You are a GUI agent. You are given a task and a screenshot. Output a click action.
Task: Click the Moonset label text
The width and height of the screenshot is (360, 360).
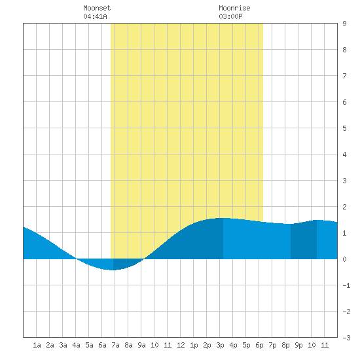(x=97, y=8)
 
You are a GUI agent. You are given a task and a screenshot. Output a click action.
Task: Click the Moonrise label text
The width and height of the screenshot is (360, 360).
(x=234, y=8)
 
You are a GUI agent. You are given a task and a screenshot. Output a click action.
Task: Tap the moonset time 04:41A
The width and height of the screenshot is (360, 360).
(x=95, y=16)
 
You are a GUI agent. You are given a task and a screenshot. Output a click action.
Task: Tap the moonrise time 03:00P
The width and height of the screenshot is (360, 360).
(x=230, y=16)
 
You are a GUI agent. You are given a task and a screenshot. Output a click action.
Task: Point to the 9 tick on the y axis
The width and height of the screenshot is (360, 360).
(x=344, y=24)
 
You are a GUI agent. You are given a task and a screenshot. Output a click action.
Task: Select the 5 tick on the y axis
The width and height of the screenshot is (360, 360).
(x=344, y=128)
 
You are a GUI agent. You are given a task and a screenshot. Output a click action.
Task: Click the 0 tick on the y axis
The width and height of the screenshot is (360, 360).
(x=344, y=259)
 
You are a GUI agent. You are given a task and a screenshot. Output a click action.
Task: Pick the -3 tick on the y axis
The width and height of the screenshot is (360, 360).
(x=346, y=338)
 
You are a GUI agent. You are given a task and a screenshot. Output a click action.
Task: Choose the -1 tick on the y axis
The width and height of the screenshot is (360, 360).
(x=346, y=285)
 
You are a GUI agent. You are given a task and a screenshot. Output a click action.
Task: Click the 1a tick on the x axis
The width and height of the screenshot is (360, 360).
(x=37, y=345)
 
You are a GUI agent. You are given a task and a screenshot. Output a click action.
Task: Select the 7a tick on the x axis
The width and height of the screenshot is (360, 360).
(x=115, y=345)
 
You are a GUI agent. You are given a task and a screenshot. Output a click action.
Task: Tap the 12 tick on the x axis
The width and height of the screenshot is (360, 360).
(x=181, y=345)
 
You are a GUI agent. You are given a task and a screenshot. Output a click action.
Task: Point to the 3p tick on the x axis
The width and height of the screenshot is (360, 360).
(x=220, y=345)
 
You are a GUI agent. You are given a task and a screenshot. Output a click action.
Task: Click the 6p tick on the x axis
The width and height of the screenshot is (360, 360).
(x=259, y=345)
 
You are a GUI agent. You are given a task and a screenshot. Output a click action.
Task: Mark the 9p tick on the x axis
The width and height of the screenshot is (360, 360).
(x=298, y=345)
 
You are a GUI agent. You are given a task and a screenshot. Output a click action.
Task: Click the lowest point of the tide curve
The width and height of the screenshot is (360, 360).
(x=113, y=270)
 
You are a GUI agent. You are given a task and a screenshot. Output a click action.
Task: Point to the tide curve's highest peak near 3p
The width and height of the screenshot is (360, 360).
(x=223, y=218)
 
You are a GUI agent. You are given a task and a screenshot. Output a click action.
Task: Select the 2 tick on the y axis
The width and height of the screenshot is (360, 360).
(x=344, y=207)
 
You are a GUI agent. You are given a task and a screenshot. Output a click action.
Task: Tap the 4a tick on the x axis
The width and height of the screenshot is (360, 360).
(x=76, y=345)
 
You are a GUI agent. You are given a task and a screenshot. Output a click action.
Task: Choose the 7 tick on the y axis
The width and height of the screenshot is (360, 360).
(x=344, y=76)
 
